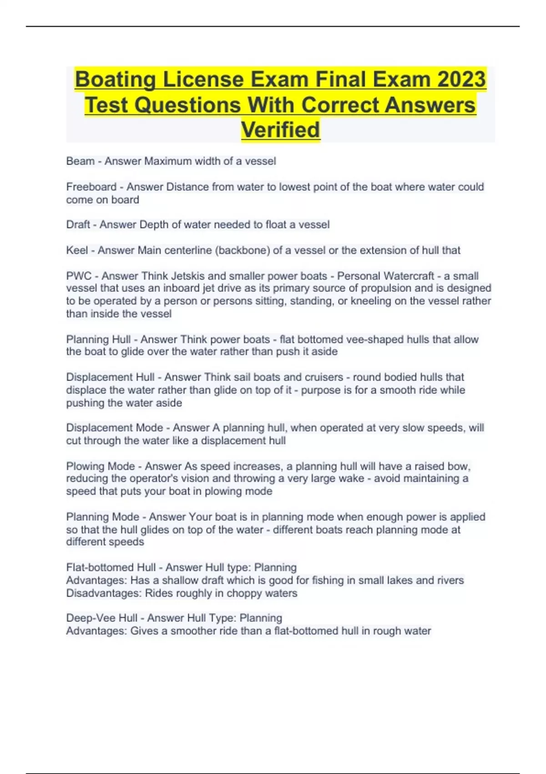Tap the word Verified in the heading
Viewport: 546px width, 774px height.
(280, 130)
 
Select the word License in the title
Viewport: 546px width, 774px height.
(203, 80)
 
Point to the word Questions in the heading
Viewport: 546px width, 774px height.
(188, 105)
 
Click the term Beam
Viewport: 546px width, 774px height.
(80, 161)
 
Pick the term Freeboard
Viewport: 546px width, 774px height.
(91, 187)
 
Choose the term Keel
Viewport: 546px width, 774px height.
(77, 250)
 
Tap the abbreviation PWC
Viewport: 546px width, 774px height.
(79, 276)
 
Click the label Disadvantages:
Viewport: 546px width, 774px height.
(104, 593)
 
